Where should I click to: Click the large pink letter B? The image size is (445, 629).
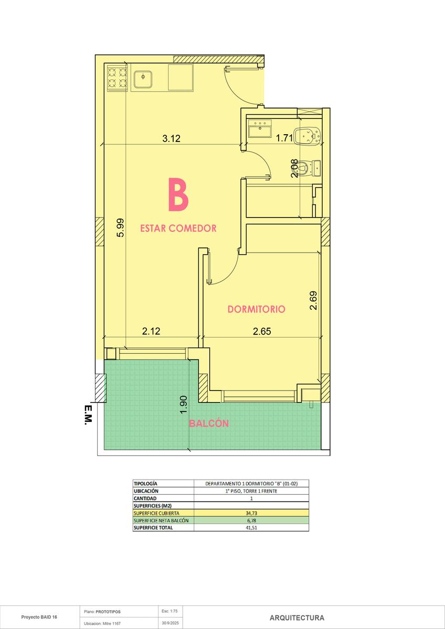178,194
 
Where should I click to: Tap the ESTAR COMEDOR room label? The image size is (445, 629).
178,228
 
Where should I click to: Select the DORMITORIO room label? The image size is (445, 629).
257,309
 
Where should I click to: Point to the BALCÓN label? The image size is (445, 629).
209,424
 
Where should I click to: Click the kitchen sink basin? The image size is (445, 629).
143,79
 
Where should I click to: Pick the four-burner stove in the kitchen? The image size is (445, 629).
118,78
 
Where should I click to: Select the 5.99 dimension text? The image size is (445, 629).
120,227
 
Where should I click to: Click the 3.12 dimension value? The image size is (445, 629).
172,138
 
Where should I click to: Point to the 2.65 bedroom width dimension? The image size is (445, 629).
262,331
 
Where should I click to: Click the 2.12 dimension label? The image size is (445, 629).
151,331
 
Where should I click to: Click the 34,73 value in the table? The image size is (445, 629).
251,513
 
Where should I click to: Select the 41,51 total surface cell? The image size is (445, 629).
251,528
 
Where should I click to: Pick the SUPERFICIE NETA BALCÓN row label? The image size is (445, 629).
161,520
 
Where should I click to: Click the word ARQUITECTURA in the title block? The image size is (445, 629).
297,618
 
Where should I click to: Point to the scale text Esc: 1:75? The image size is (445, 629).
169,611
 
